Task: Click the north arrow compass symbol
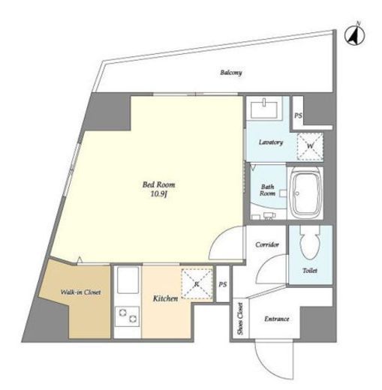click(355, 36)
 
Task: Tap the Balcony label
click(231, 73)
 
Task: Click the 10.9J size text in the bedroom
click(159, 194)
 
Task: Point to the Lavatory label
click(271, 142)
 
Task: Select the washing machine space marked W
click(310, 146)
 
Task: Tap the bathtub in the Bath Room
click(307, 193)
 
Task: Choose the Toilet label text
click(310, 271)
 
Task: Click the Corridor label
click(267, 244)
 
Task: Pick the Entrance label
click(277, 319)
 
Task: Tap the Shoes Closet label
click(240, 319)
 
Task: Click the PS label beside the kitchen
click(223, 284)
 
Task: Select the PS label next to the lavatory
click(298, 115)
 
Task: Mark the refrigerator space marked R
click(197, 283)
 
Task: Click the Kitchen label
click(165, 298)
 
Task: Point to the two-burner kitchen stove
click(127, 316)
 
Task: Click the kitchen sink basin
click(128, 280)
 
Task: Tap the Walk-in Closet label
click(80, 292)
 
